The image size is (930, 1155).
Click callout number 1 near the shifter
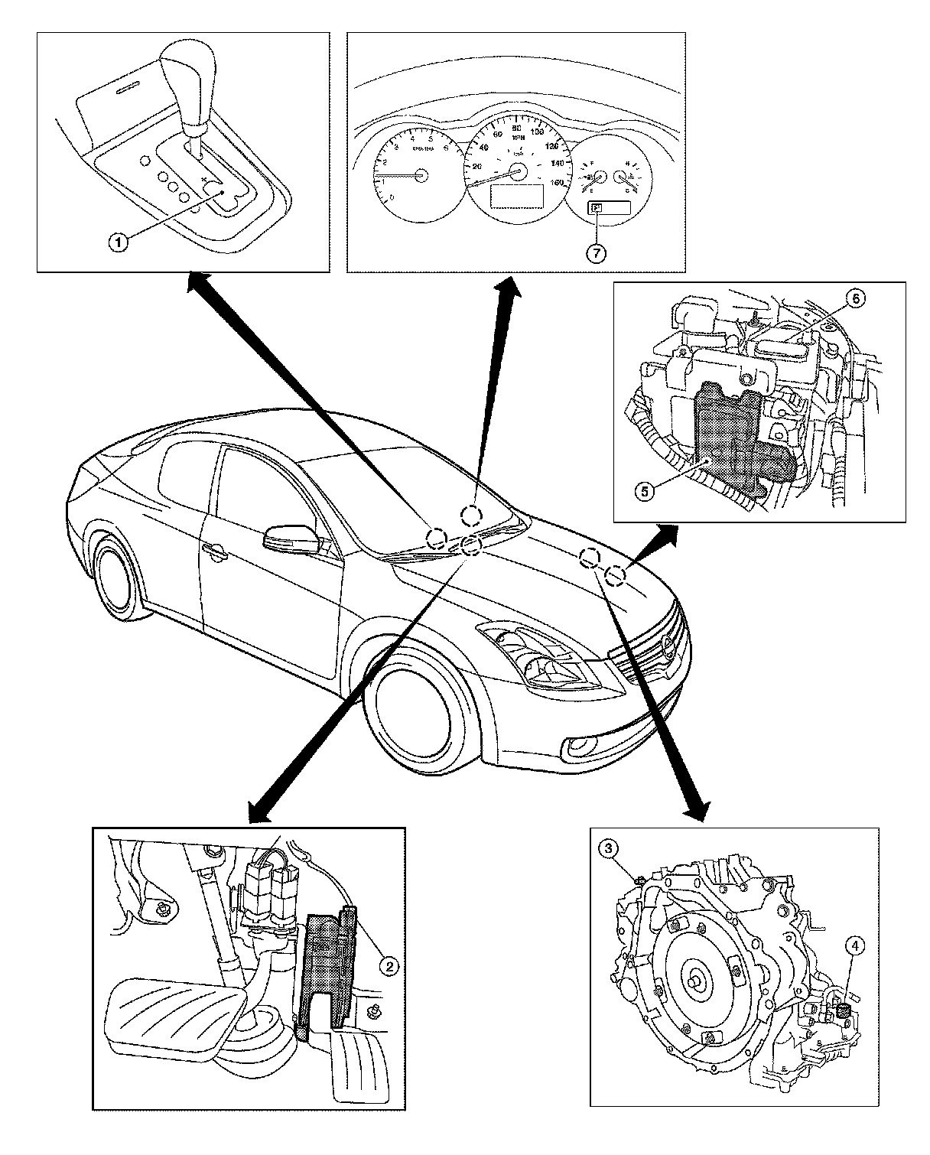117,243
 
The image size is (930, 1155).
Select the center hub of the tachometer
419,175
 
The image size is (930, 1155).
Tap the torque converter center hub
697,979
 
